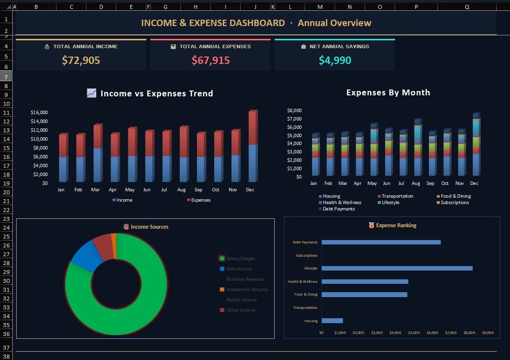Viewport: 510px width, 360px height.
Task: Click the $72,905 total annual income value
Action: coord(81,60)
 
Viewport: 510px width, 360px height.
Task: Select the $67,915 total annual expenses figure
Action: coord(210,60)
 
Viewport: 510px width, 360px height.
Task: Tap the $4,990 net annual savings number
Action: coord(335,60)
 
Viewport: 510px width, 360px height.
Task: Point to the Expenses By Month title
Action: coord(388,92)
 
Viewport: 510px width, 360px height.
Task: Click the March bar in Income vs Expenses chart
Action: coord(97,153)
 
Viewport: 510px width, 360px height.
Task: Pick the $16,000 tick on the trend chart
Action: coord(39,113)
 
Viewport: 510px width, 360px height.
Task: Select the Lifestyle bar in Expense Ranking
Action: coord(397,268)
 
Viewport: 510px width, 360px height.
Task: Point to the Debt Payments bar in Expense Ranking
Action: coord(381,242)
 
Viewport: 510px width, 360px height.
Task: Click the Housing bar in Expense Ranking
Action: coord(332,321)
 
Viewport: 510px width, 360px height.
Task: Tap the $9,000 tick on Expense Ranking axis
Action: coord(487,333)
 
